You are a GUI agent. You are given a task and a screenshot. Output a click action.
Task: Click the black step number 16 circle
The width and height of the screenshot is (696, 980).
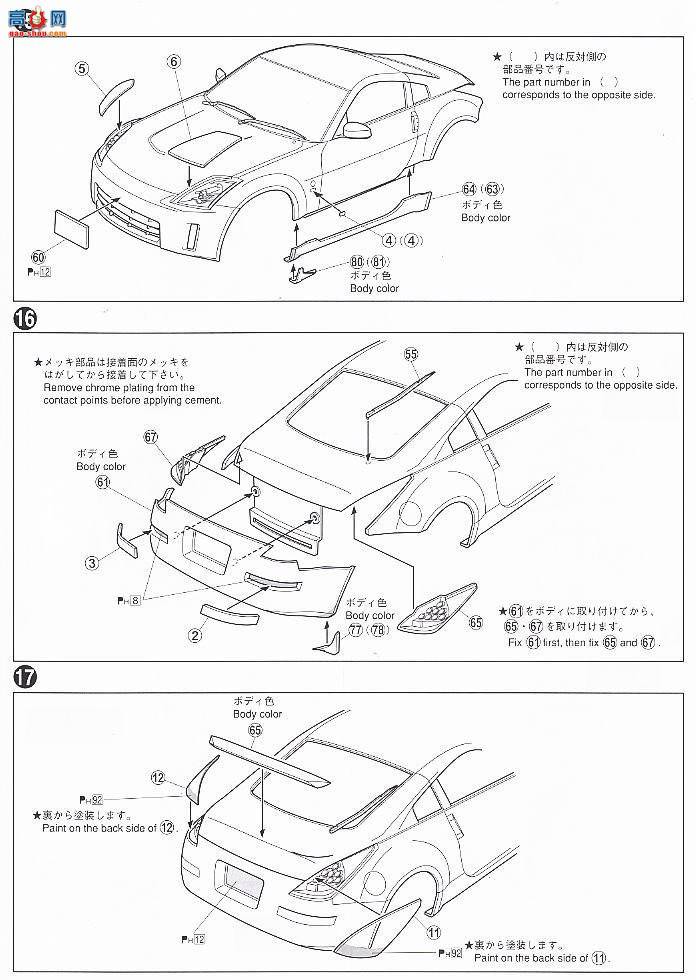tap(26, 320)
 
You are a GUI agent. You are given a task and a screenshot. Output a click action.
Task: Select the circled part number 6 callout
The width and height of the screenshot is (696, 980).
tap(173, 61)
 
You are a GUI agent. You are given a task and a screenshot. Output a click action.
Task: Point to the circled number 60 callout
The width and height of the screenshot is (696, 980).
tap(38, 256)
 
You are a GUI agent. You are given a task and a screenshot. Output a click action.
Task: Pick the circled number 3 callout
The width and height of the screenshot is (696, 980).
tap(92, 562)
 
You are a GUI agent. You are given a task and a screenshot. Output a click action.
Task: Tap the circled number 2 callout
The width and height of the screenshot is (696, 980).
tap(196, 634)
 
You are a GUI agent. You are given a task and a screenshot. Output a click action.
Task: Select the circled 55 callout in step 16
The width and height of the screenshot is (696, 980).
tap(411, 354)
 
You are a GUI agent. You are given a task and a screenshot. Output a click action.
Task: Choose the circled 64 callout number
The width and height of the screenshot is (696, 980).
tap(468, 188)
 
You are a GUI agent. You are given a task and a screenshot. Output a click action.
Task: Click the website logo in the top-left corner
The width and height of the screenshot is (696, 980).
tap(34, 17)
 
